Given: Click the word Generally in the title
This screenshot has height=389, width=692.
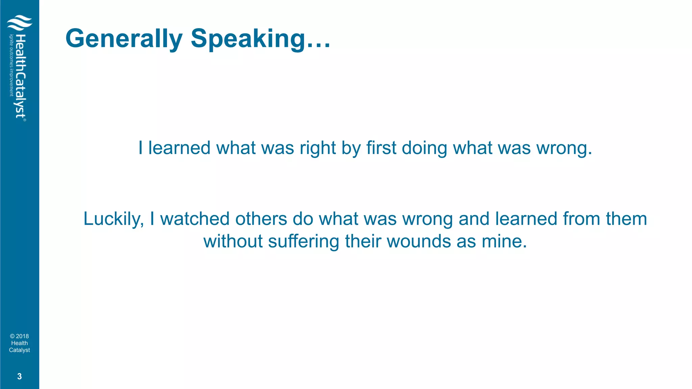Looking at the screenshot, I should [x=124, y=39].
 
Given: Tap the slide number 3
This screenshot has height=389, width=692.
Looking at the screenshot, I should [x=19, y=376].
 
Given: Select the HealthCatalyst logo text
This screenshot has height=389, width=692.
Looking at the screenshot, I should [x=21, y=76].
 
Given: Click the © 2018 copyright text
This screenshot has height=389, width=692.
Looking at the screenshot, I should [x=19, y=336].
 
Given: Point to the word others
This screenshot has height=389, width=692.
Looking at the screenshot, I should [x=261, y=218].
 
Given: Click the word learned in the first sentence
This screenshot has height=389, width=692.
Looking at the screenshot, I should [x=179, y=148].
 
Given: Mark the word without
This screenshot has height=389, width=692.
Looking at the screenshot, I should [x=233, y=241].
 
